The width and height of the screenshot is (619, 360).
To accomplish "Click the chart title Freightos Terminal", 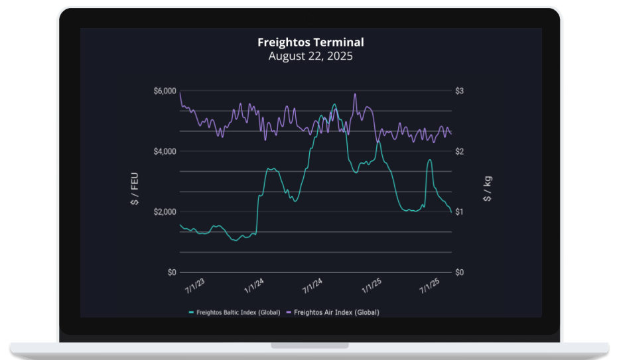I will click(x=310, y=42).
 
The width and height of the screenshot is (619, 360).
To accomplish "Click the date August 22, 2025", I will click(x=310, y=56).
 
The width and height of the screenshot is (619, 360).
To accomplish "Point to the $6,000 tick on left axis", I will click(x=165, y=91).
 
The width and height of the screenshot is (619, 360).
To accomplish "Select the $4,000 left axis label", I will click(x=165, y=151).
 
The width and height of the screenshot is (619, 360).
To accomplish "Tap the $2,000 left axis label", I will click(x=165, y=211).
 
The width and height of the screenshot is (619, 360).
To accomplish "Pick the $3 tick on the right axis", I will click(x=459, y=91).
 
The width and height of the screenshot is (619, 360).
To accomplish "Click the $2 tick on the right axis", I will click(x=459, y=151).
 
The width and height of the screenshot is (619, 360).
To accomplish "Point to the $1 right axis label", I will click(x=459, y=211).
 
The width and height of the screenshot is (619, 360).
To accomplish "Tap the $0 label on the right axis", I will click(x=460, y=272).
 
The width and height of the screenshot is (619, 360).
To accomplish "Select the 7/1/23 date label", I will click(x=195, y=286).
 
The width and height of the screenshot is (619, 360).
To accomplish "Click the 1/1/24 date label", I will click(x=253, y=286).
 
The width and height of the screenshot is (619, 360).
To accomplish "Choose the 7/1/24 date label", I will click(x=312, y=286).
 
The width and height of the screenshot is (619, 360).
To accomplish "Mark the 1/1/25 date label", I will click(x=371, y=286).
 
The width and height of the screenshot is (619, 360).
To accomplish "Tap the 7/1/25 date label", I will click(x=430, y=286).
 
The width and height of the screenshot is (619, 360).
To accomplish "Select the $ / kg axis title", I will click(x=488, y=189).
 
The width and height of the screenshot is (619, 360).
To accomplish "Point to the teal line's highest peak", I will click(x=334, y=105).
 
